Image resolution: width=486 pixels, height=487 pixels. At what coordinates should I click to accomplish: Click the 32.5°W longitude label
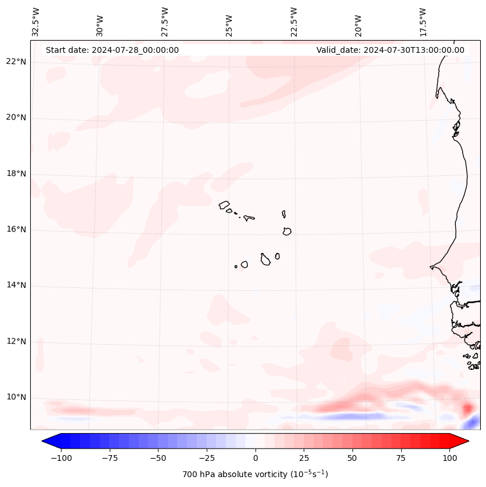pos(36,21)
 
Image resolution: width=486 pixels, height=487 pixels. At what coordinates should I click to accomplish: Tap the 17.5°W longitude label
pos(423,21)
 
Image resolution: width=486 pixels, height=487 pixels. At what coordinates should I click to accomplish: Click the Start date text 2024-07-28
pos(112,50)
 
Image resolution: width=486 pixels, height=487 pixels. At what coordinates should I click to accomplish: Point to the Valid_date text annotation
pos(390,50)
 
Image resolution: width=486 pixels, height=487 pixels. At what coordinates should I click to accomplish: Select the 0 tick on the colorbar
pos(255,458)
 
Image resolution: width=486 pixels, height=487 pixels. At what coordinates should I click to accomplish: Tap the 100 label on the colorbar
pos(449,458)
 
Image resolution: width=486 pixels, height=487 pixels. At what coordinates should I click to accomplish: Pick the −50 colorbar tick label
pos(159,458)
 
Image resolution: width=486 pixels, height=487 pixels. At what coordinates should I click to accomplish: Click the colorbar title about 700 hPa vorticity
pos(255,474)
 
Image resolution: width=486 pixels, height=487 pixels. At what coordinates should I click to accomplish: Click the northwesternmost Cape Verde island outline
pos(224,204)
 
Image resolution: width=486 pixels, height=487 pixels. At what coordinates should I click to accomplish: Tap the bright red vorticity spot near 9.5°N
pos(467,409)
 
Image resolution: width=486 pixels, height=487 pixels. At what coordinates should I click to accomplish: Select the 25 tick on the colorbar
pos(304,458)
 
